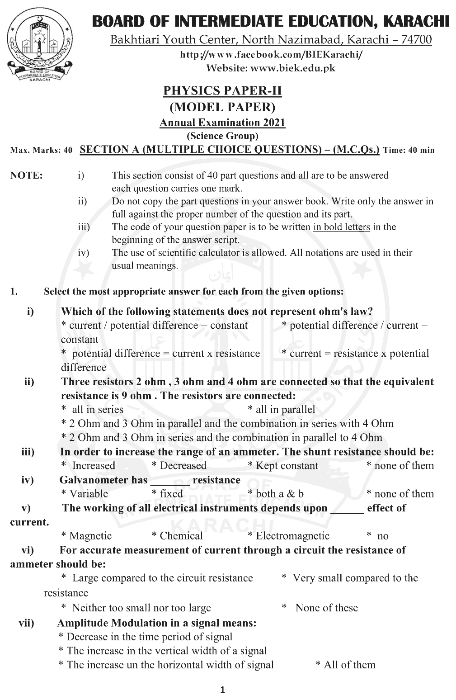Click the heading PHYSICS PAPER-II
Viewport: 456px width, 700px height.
pyautogui.click(x=222, y=91)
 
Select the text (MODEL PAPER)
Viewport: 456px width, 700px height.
pyautogui.click(x=222, y=107)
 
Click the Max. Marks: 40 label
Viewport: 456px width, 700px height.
pyautogui.click(x=41, y=151)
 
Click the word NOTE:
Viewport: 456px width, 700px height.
pyautogui.click(x=26, y=175)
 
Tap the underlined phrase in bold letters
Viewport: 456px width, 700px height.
pyautogui.click(x=341, y=227)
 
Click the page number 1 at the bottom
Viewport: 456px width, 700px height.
pyautogui.click(x=222, y=690)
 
